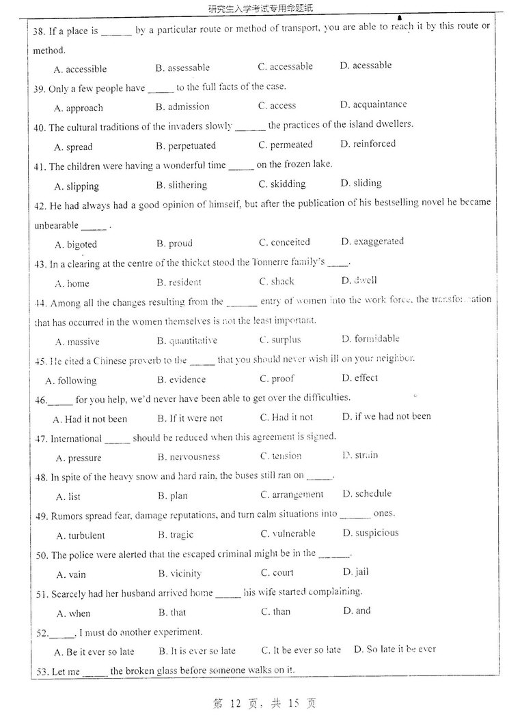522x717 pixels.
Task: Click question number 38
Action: point(38,31)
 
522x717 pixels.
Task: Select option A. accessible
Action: point(80,69)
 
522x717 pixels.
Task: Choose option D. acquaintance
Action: point(373,104)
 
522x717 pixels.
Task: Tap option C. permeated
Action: point(285,145)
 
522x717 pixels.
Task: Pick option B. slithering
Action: point(181,185)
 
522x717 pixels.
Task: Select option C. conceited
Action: point(284,242)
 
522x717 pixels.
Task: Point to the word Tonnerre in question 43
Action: point(272,263)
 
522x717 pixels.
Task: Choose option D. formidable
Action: point(370,338)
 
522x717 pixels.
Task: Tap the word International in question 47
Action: point(76,439)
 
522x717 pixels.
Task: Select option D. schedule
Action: point(367,493)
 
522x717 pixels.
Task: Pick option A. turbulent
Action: point(80,536)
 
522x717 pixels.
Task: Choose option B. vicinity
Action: point(180,574)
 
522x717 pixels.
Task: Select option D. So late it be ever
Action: point(394,649)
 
